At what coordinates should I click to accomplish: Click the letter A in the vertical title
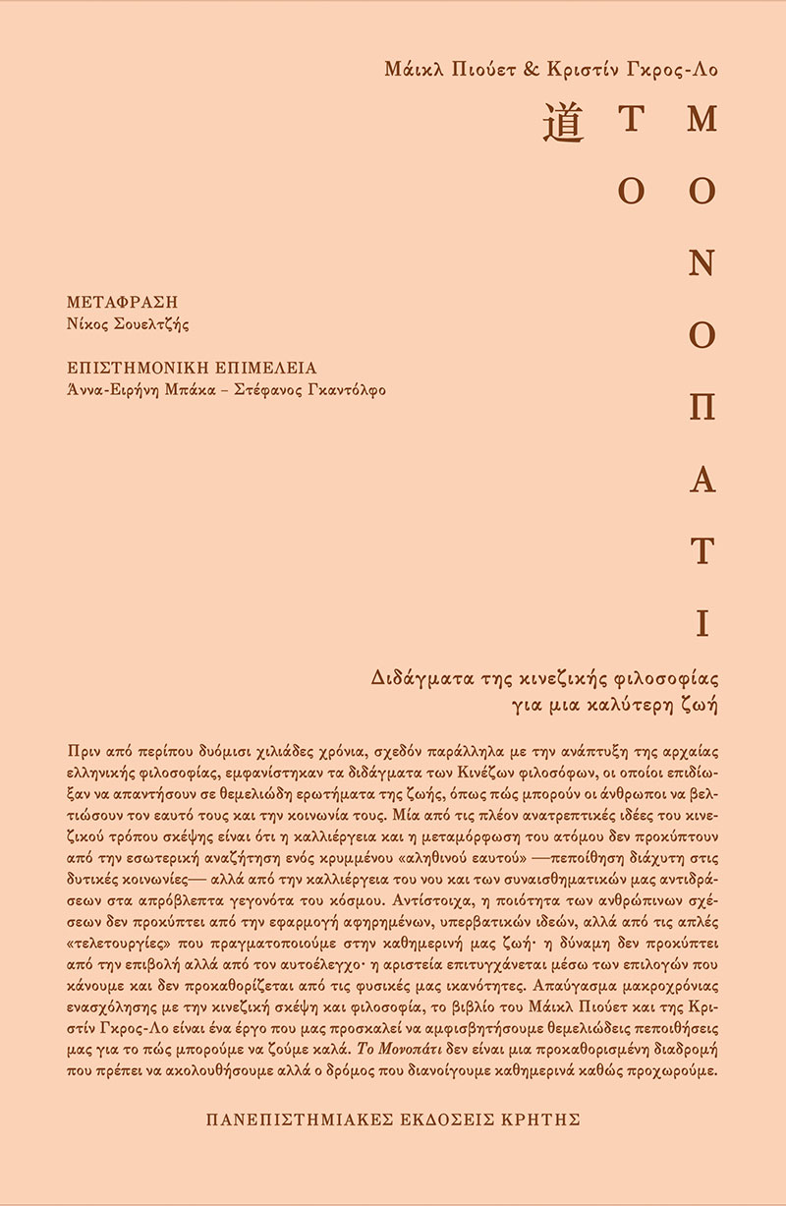coord(702,480)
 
